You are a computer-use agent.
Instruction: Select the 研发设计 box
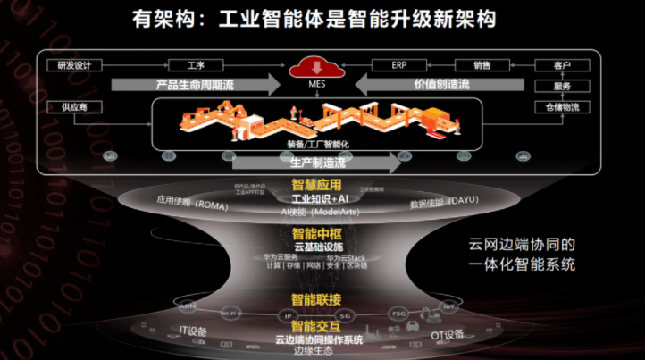pyautogui.click(x=74, y=65)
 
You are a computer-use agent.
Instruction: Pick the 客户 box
pyautogui.click(x=562, y=65)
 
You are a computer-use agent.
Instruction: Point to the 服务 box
pyautogui.click(x=562, y=86)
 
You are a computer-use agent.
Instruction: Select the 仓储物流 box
pyautogui.click(x=562, y=107)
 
